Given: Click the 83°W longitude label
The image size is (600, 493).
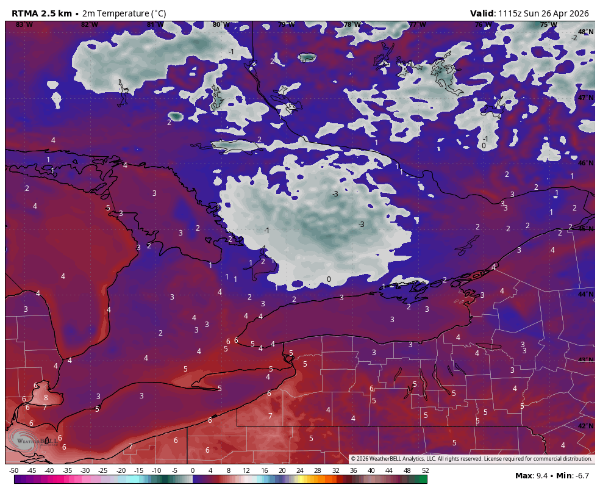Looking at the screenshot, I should [24, 24].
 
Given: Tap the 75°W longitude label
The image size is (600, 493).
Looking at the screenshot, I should [548, 24].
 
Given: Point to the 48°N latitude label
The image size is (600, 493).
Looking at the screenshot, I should [585, 32].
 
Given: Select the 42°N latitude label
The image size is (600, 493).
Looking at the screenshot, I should [585, 426].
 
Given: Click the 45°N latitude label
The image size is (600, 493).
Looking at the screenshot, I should [585, 229].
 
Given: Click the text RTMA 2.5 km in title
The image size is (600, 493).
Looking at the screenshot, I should [41, 13].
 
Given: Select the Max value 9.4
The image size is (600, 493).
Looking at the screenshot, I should [541, 476].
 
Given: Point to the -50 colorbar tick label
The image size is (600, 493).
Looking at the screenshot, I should [13, 470].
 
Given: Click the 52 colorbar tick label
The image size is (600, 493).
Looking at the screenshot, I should [424, 470].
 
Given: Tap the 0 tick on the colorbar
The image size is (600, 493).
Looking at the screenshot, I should [193, 470].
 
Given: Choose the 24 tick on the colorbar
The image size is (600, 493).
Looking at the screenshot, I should [300, 470].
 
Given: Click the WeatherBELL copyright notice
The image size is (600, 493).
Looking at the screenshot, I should [471, 459].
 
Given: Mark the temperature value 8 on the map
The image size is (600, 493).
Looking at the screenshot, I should [46, 397].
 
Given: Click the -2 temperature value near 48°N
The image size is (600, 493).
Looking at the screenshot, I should [574, 37].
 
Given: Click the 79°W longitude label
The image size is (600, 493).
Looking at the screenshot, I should [286, 24].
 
